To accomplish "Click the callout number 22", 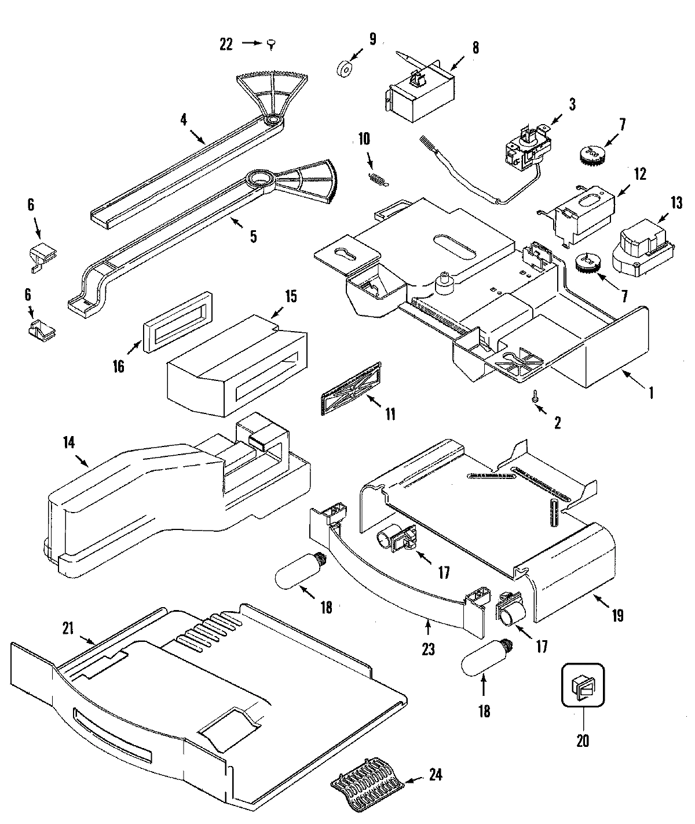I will click(x=226, y=43).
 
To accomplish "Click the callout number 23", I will click(x=427, y=649).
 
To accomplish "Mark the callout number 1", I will click(x=651, y=393).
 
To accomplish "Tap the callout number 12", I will click(x=639, y=174).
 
